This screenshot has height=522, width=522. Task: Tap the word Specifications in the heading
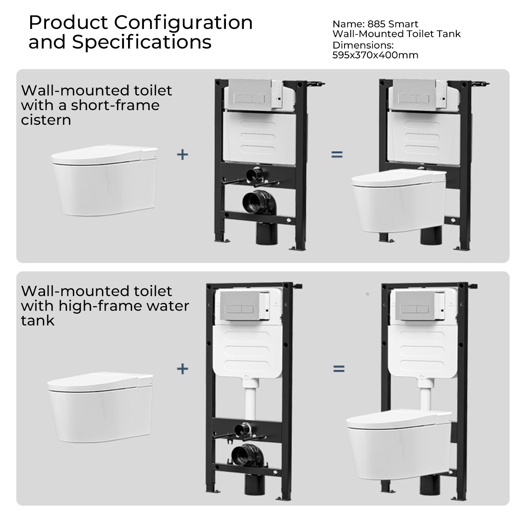[x=142, y=42]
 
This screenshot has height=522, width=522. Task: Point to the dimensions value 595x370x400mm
[x=375, y=55]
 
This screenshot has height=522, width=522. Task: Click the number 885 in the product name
[x=376, y=24]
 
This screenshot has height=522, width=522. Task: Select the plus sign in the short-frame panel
[x=182, y=155]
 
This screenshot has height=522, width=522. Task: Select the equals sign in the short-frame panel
[x=337, y=155]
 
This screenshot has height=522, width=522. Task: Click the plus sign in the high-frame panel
[x=182, y=369]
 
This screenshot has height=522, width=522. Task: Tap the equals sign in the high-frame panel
[x=339, y=369]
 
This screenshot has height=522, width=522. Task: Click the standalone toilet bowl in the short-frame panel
[x=104, y=180]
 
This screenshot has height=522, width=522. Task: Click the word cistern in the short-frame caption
[x=46, y=120]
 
